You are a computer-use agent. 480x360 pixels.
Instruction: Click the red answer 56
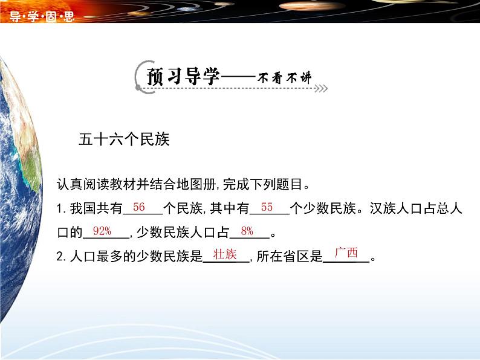tap(139, 207)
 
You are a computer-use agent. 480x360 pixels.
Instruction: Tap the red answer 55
tap(267, 207)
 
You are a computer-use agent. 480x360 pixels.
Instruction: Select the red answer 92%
tap(102, 231)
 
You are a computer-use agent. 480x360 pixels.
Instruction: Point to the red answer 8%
tap(247, 231)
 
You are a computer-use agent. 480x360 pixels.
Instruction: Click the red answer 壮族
tap(225, 254)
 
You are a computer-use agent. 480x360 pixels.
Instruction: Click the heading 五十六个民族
tap(124, 140)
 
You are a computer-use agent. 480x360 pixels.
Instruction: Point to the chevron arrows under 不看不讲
tap(320, 89)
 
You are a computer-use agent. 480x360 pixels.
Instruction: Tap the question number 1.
tap(60, 209)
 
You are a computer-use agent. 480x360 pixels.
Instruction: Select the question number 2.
tap(60, 257)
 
